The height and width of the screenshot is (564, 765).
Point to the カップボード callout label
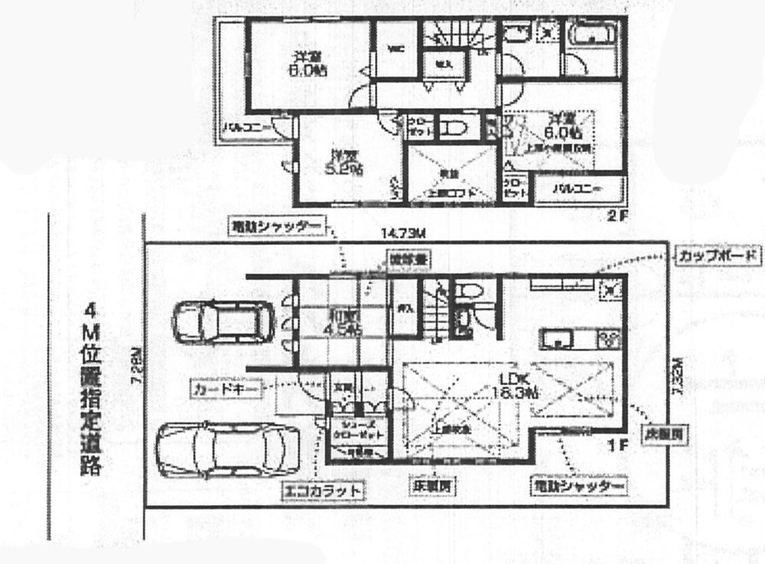pos(718,256)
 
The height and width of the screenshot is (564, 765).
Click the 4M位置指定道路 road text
pos(93,390)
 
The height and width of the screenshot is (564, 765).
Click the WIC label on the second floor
pos(396,50)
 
